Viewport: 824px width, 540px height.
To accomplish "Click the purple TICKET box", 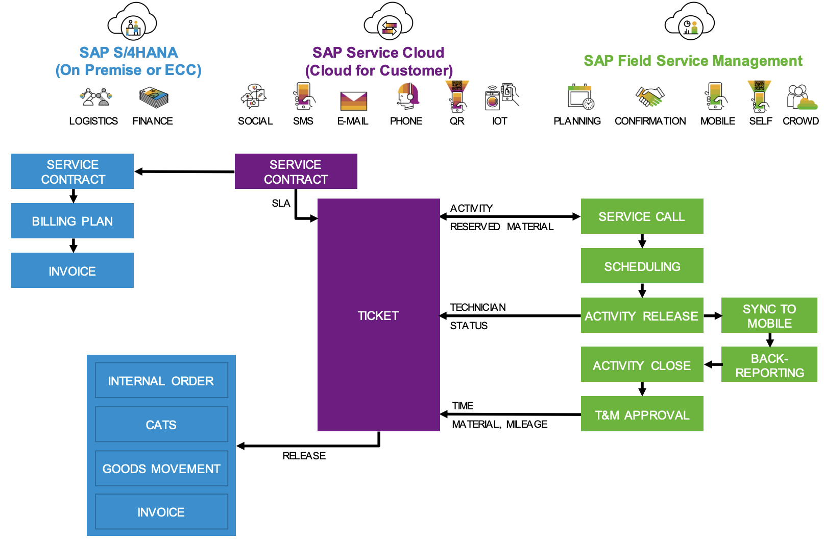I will (x=378, y=315).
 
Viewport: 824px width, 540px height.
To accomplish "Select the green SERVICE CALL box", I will (x=642, y=216).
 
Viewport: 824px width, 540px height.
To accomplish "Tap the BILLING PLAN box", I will (x=72, y=221).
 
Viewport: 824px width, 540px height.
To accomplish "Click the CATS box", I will (x=161, y=424).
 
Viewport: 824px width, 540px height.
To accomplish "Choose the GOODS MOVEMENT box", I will (x=161, y=468).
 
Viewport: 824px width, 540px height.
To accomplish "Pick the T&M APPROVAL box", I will (x=642, y=414).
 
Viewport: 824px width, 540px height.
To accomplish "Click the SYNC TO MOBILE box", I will (x=769, y=315).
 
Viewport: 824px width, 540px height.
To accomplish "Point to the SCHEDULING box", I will (x=642, y=266).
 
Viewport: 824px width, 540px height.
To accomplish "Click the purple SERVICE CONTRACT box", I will (x=296, y=171).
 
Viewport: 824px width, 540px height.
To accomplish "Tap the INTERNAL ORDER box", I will (x=161, y=380).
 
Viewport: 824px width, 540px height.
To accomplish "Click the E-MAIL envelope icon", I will (x=353, y=101).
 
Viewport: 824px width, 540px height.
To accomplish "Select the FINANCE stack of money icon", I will (x=154, y=97).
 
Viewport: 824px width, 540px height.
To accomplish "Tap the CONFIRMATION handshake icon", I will (x=649, y=96).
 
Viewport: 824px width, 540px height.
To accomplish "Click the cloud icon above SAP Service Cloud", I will (x=389, y=22).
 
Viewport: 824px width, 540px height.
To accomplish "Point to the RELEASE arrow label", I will (x=304, y=456).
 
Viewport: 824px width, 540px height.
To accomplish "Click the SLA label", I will (x=281, y=203).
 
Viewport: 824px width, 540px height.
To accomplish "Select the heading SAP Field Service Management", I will (x=693, y=61).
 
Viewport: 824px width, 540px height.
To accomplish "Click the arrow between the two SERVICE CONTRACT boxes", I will (x=184, y=171).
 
